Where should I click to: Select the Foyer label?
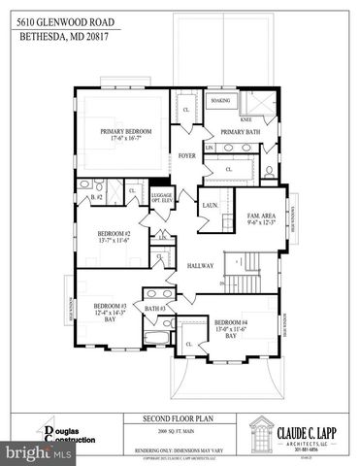tap(186, 155)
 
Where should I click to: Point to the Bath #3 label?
tap(155, 308)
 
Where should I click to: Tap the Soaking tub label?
tap(219, 100)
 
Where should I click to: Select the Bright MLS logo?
tap(29, 452)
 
